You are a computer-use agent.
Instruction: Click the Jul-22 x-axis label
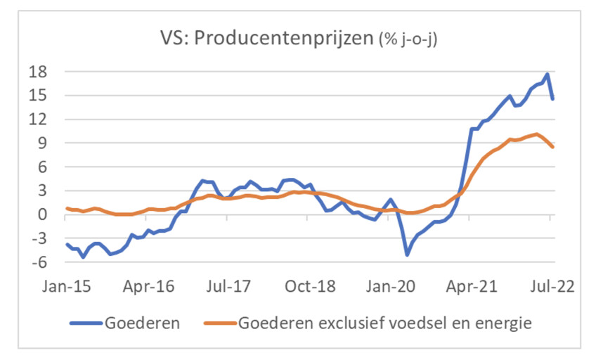pos(550,288)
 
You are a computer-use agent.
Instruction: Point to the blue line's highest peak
pos(547,74)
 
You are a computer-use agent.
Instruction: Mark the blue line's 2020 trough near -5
pos(406,254)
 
